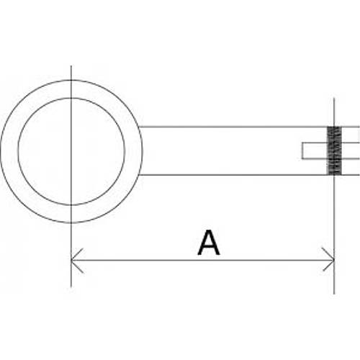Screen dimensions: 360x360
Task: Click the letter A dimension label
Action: click(209, 243)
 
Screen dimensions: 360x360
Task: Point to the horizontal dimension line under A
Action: click(202, 260)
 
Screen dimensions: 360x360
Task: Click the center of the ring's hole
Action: click(71, 151)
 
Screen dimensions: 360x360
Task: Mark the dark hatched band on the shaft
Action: click(334, 150)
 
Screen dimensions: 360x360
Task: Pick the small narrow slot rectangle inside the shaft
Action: click(331, 150)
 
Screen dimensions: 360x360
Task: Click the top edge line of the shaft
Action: click(250, 127)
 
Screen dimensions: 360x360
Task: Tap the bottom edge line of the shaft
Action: click(250, 175)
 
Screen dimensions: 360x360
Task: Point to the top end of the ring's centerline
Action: click(71, 66)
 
